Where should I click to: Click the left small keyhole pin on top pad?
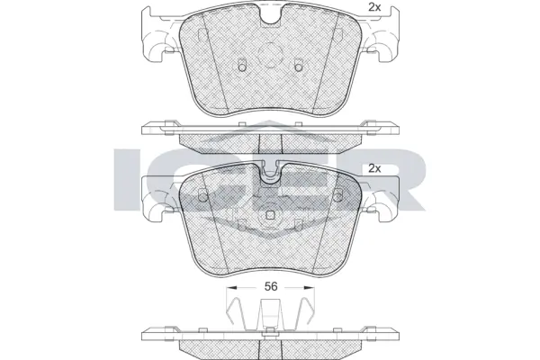pyautogui.click(x=241, y=66)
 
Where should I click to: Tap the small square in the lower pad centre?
pyautogui.click(x=270, y=215)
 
